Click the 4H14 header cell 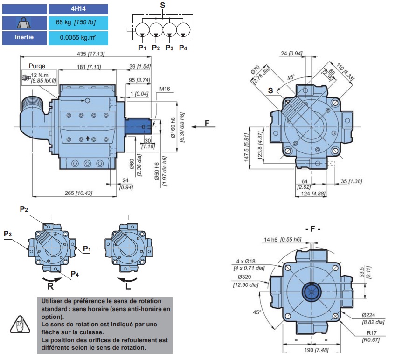pyautogui.click(x=78, y=9)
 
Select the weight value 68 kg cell pyautogui.click(x=78, y=23)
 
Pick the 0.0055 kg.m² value pyautogui.click(x=78, y=37)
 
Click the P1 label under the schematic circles pyautogui.click(x=142, y=48)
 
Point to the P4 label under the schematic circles pyautogui.click(x=183, y=48)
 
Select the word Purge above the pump pyautogui.click(x=37, y=66)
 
